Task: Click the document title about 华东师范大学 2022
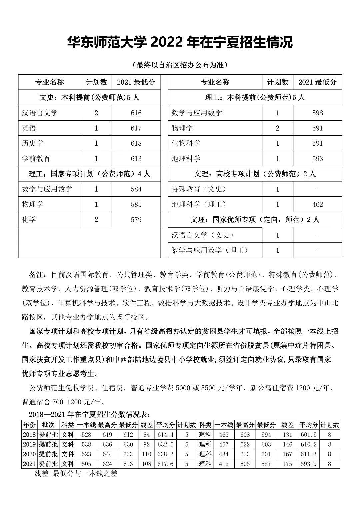180,42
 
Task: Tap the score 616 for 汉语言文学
136,113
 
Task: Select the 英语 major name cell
29,128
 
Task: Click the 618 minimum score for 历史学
136,143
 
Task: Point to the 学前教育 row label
36,159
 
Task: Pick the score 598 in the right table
317,113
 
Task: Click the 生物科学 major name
186,143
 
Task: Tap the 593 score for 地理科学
317,159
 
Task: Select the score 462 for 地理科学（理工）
317,204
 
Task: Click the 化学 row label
29,220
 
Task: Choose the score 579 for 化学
136,220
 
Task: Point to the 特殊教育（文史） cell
199,189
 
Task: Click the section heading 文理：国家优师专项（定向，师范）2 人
255,220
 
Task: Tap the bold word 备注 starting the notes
37,275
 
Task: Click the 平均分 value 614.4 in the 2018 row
165,435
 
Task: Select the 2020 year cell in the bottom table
29,454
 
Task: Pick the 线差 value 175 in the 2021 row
287,464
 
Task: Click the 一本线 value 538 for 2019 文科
86,444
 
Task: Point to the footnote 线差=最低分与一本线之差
76,473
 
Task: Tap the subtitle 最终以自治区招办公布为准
180,65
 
